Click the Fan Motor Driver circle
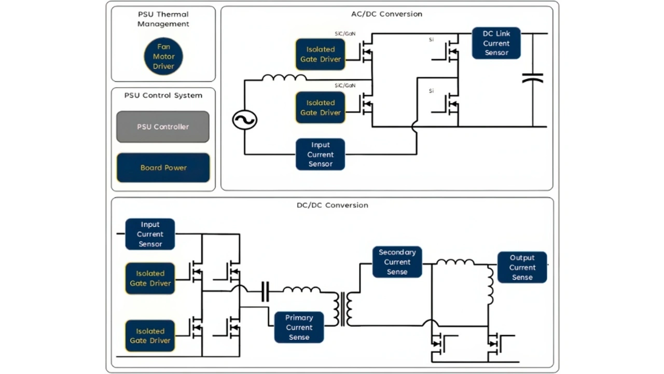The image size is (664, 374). tap(163, 57)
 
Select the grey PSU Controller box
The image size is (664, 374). tap(163, 127)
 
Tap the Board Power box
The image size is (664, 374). tap(163, 168)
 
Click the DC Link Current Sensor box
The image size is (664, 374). tap(496, 43)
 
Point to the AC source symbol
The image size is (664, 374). tap(244, 120)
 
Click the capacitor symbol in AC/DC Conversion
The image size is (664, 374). tap(533, 78)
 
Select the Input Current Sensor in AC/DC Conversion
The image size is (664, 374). tap(320, 155)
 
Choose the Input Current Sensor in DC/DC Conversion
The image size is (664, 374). tap(150, 234)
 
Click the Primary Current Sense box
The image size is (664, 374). tap(299, 327)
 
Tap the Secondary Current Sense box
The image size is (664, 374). tap(397, 262)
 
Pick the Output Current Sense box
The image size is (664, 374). tap(522, 268)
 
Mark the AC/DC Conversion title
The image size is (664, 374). tap(386, 14)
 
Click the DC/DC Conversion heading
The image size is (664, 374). tap(332, 205)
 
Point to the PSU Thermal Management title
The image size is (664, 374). tap(163, 19)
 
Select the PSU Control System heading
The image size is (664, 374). tap(163, 95)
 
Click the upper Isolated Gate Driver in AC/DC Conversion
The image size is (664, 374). tap(320, 54)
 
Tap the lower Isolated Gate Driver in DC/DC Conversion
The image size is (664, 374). tap(150, 336)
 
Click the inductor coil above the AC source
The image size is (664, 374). tap(284, 78)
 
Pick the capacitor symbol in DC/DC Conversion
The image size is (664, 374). tap(265, 292)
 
